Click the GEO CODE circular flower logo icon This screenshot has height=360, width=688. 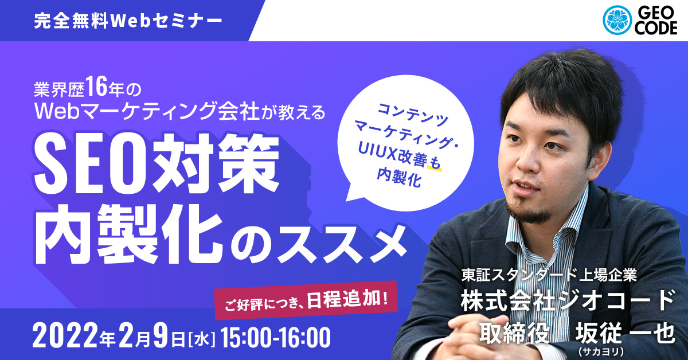[x=617, y=20]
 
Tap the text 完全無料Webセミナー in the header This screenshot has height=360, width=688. [x=128, y=21]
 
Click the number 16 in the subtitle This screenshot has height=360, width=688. [x=96, y=88]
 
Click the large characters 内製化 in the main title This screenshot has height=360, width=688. [x=128, y=234]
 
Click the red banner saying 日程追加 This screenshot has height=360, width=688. [x=306, y=300]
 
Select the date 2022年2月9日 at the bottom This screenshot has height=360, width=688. [x=109, y=338]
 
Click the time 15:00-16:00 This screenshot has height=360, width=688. [x=275, y=338]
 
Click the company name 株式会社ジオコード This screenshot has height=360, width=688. [x=568, y=300]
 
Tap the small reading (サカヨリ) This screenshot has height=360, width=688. [x=601, y=351]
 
